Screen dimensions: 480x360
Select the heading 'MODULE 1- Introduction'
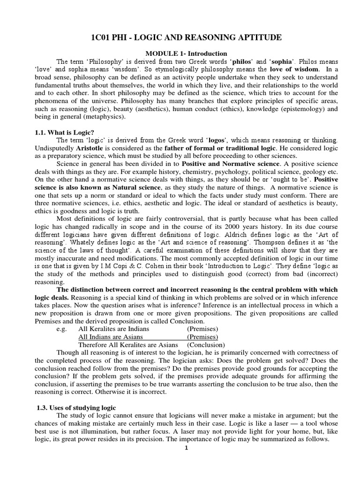click(180, 53)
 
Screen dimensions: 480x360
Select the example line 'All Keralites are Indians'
click(113, 329)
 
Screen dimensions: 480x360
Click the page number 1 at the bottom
click(186, 448)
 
